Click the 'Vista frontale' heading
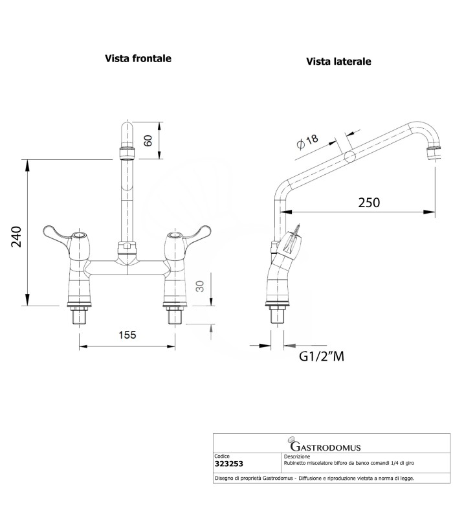tap(138, 58)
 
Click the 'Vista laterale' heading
tap(338, 62)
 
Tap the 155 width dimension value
tap(127, 335)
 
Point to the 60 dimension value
tap(148, 140)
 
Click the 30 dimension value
tap(200, 285)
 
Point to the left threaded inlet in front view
tap(80, 316)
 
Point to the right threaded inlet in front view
tap(175, 316)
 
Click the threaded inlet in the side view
tap(279, 316)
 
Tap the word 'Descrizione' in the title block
tap(297, 456)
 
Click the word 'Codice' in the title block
tap(222, 456)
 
